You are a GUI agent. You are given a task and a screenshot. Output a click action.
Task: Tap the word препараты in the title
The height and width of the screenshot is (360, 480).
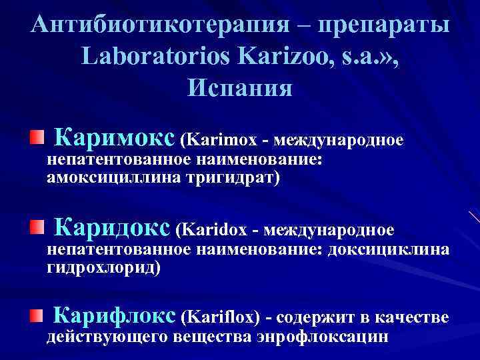385,26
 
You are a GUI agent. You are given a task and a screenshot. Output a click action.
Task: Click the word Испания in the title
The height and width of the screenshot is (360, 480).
240,87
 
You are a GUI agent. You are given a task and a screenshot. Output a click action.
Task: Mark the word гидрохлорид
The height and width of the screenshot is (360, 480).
103,267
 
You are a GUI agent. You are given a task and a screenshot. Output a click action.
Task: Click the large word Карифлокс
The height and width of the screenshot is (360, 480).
114,314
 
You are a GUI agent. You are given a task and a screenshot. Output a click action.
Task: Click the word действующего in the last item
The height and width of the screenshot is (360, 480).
107,337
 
